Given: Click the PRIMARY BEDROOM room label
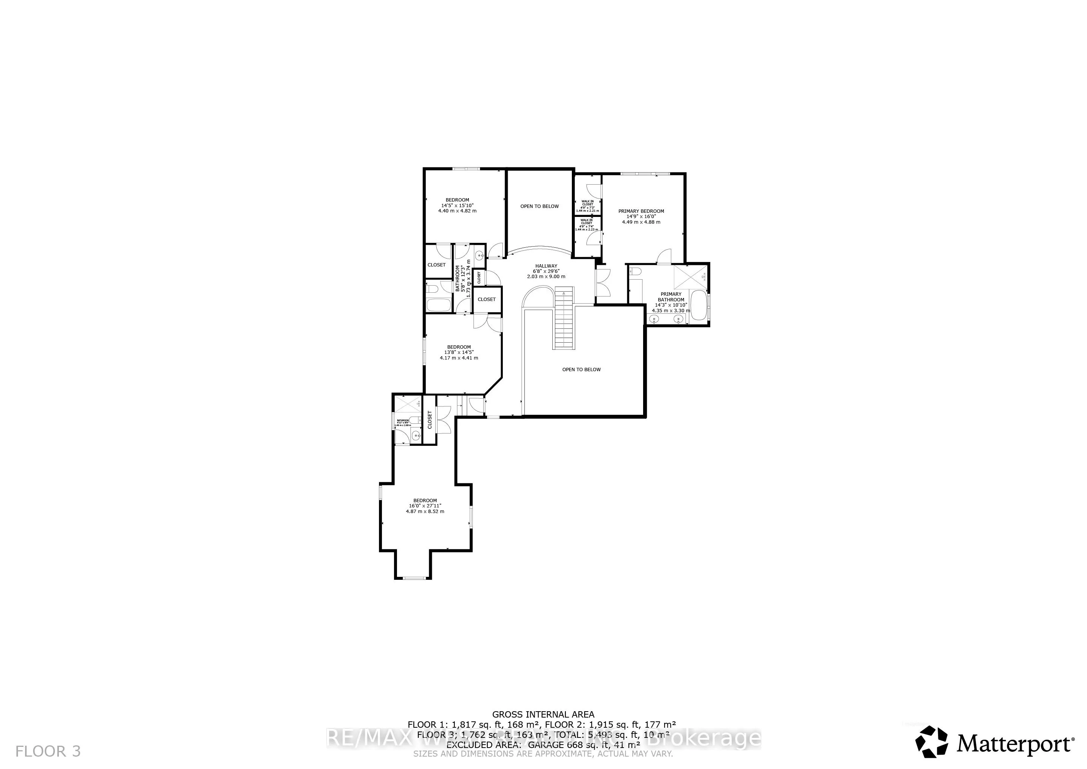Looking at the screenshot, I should [x=641, y=211].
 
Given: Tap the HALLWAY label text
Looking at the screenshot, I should [x=546, y=266].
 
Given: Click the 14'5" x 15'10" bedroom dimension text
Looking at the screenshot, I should [x=457, y=206].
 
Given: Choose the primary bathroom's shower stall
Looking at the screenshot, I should [x=690, y=279].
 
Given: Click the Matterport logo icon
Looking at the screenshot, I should [x=931, y=742].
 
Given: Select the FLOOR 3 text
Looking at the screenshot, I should [x=48, y=751].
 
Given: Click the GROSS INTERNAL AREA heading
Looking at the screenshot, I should [x=543, y=715].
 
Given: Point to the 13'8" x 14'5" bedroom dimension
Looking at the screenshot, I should [x=458, y=352].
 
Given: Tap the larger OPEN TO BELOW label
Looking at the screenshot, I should [x=581, y=369].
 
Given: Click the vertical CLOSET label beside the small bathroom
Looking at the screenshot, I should [x=430, y=420].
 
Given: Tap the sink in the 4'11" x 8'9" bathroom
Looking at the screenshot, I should [x=416, y=436].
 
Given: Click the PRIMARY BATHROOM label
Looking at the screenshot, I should [x=671, y=297].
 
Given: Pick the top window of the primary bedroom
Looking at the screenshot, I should [x=639, y=174].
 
